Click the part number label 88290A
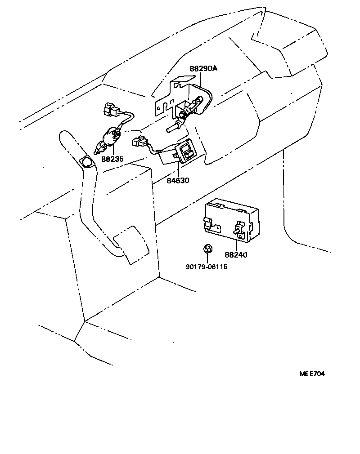[203, 68]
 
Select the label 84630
[178, 180]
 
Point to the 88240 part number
[236, 255]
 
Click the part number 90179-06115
[207, 267]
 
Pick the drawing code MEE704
[312, 374]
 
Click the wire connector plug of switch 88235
[110, 108]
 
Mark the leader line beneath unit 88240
[236, 245]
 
